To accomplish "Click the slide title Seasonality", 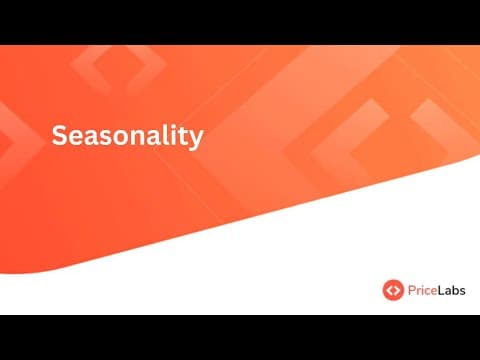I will click(x=127, y=136).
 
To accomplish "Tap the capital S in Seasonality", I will click(x=60, y=136).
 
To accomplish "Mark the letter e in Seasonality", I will click(x=76, y=137).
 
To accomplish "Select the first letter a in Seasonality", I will click(x=91, y=137).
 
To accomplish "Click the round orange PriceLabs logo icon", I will click(x=393, y=290).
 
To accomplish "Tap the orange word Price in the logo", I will click(x=422, y=290).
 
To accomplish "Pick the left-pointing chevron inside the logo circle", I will click(x=389, y=290).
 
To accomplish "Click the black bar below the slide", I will click(x=240, y=338).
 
